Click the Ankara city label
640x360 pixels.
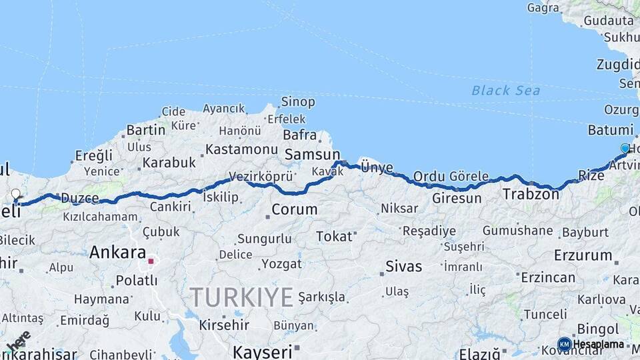(117, 253)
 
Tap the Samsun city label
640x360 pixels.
(312, 155)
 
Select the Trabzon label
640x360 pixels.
(530, 195)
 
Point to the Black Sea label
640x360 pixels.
(505, 90)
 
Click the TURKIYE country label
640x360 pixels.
(241, 297)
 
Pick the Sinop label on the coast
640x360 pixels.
(297, 101)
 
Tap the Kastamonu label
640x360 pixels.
(241, 149)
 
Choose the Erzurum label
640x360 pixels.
(582, 255)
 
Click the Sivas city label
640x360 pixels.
(403, 267)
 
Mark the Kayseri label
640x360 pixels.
(262, 351)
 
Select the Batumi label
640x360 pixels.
(610, 130)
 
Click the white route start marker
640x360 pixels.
(15, 194)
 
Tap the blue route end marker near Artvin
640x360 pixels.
(625, 148)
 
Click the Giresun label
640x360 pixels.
(457, 198)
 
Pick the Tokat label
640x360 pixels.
(333, 236)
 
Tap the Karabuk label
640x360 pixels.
(169, 162)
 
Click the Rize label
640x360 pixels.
(591, 175)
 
